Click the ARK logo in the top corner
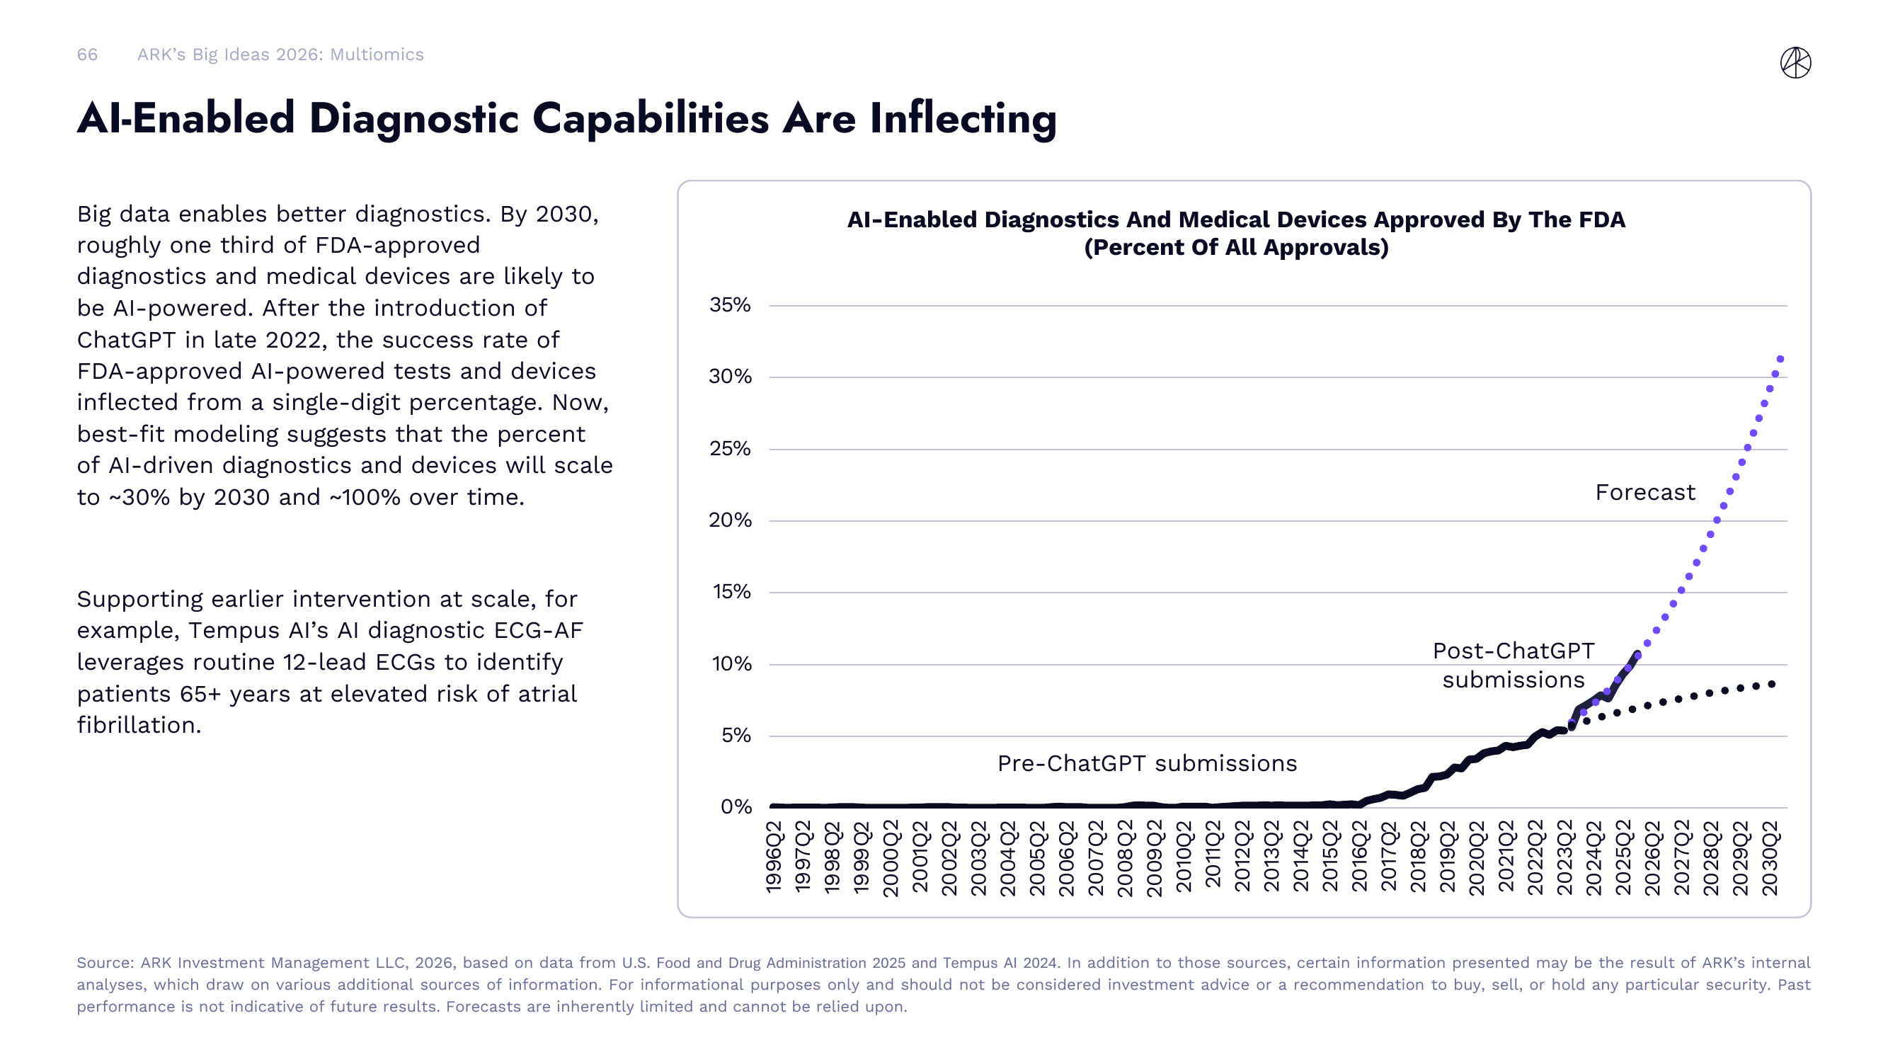pyautogui.click(x=1795, y=62)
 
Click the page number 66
pyautogui.click(x=87, y=55)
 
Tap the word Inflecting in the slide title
pyautogui.click(x=963, y=119)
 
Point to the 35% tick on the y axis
pyautogui.click(x=729, y=305)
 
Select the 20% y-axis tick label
pyautogui.click(x=729, y=520)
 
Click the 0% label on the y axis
pyautogui.click(x=736, y=807)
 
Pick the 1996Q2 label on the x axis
pyautogui.click(x=774, y=857)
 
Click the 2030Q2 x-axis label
pyautogui.click(x=1770, y=857)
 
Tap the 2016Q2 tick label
pyautogui.click(x=1361, y=857)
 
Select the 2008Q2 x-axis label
pyautogui.click(x=1126, y=857)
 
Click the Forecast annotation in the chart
pyautogui.click(x=1644, y=493)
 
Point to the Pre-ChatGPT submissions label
pyautogui.click(x=1146, y=764)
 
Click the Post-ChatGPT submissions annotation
pyautogui.click(x=1513, y=666)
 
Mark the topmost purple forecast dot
pyautogui.click(x=1780, y=359)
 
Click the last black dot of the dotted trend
pyautogui.click(x=1772, y=685)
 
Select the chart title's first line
pyautogui.click(x=1236, y=220)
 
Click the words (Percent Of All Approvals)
pyautogui.click(x=1236, y=248)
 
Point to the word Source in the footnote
pyautogui.click(x=103, y=963)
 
